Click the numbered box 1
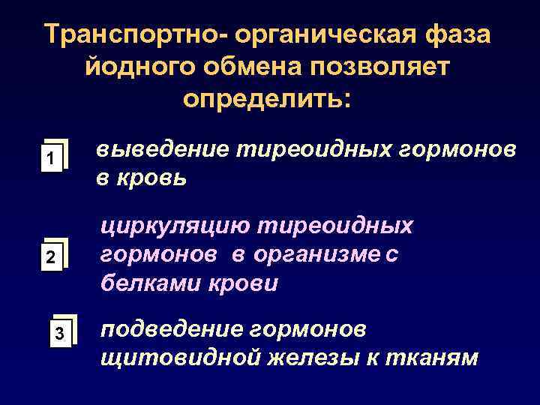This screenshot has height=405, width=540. pos(49,158)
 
